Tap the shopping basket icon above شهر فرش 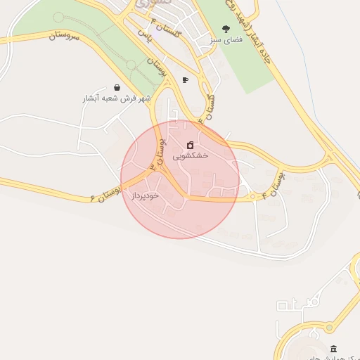pyautogui.click(x=116, y=87)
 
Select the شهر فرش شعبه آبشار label pyautogui.click(x=116, y=98)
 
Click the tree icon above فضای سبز pyautogui.click(x=225, y=29)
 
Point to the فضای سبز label pyautogui.click(x=225, y=41)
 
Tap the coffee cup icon pyautogui.click(x=185, y=79)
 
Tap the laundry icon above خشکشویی pyautogui.click(x=190, y=145)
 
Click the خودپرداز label pyautogui.click(x=146, y=195)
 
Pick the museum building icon pyautogui.click(x=333, y=349)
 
